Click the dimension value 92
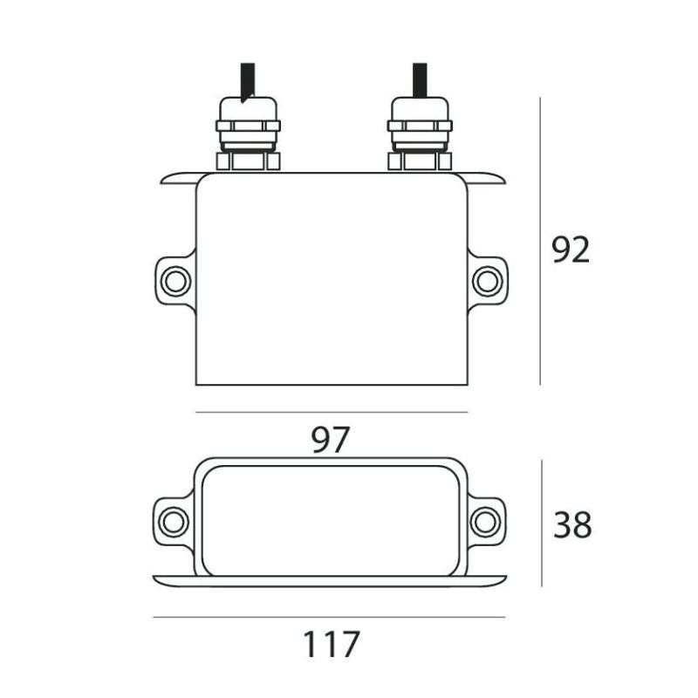pyautogui.click(x=571, y=250)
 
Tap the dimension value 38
pyautogui.click(x=572, y=525)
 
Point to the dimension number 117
pyautogui.click(x=331, y=645)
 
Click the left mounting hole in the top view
pyautogui.click(x=175, y=281)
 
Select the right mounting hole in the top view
pyautogui.click(x=486, y=281)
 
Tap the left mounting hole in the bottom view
pyautogui.click(x=173, y=521)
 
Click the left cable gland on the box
pyautogui.click(x=248, y=127)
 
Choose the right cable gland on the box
pyautogui.click(x=420, y=127)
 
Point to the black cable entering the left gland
pyautogui.click(x=248, y=79)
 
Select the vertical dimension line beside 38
pyautogui.click(x=542, y=523)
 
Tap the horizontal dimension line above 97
pyautogui.click(x=332, y=412)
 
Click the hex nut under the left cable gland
pyautogui.click(x=248, y=161)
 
